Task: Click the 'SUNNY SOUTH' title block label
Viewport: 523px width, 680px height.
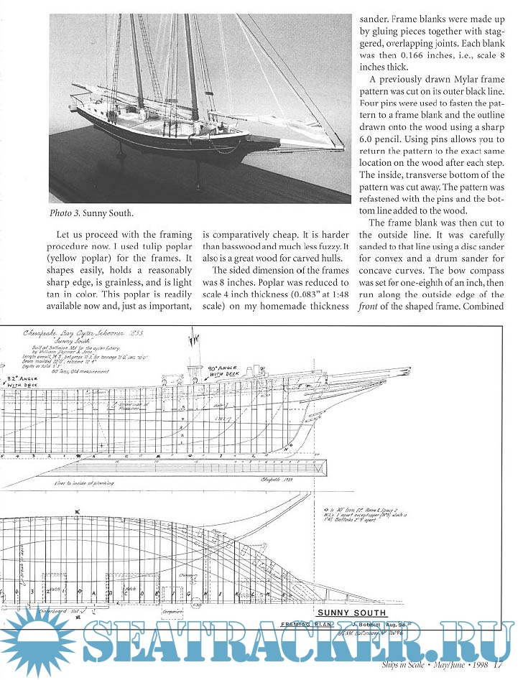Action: click(351, 613)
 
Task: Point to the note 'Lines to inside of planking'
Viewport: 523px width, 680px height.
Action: click(83, 483)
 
